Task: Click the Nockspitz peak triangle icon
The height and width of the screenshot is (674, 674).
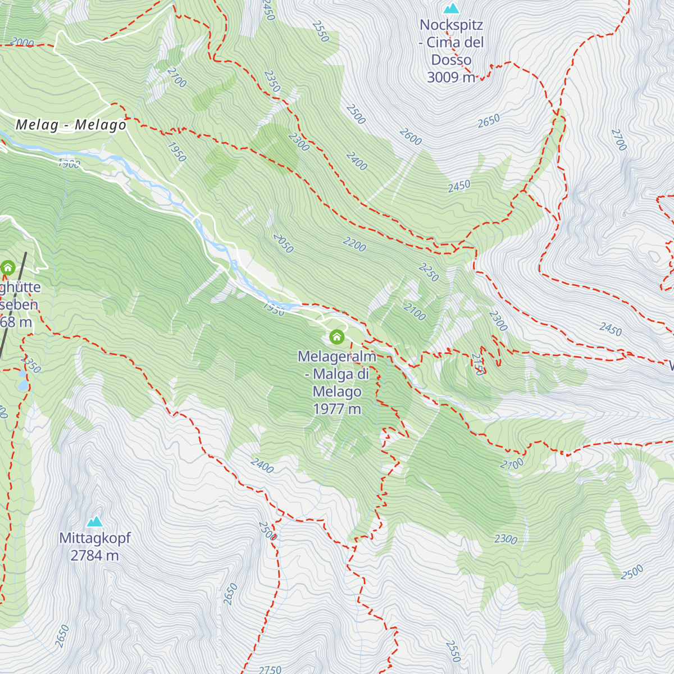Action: tap(451, 9)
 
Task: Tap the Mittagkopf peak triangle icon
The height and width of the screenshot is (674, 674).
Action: tap(94, 522)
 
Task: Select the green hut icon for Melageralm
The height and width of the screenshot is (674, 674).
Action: tap(336, 337)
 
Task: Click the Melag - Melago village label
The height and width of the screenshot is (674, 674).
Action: tap(71, 125)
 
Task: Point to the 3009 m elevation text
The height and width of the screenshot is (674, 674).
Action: tap(451, 78)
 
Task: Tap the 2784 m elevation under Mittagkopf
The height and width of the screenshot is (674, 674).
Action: tap(94, 555)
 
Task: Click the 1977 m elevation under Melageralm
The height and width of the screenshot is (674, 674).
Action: tap(337, 409)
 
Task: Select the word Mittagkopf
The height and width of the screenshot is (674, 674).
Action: tap(94, 538)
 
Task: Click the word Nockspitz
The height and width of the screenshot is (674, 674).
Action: tap(451, 25)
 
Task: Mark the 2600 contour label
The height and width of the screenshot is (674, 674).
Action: tap(410, 136)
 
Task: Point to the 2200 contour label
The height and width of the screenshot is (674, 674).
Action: tap(354, 244)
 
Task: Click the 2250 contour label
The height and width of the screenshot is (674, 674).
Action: tap(429, 272)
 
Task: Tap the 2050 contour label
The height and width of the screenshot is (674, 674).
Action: tap(283, 243)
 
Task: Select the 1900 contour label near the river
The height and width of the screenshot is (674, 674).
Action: tap(69, 164)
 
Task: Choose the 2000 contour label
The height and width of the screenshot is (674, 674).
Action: tap(22, 43)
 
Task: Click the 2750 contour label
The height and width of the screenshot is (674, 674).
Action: tap(270, 670)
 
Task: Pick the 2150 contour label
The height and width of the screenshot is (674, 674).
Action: tap(478, 363)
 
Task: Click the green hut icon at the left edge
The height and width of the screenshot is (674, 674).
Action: tap(7, 267)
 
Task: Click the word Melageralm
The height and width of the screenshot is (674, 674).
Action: tap(336, 357)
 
